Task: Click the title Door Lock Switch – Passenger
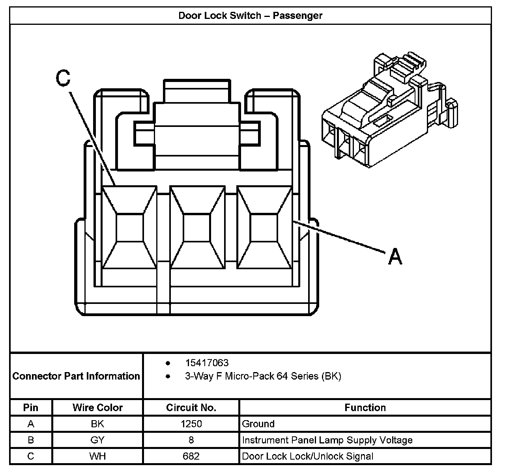click(251, 16)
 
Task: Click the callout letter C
click(63, 78)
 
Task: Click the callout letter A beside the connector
click(395, 257)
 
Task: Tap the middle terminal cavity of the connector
click(197, 228)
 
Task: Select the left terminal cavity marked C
click(129, 228)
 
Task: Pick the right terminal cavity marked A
click(264, 228)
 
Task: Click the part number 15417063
click(207, 363)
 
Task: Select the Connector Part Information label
click(76, 376)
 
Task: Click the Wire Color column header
click(97, 408)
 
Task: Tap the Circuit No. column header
click(191, 408)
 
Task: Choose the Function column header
click(365, 408)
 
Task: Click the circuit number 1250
click(191, 424)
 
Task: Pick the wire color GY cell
click(97, 440)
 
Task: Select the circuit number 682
click(191, 456)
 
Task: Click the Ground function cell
click(258, 424)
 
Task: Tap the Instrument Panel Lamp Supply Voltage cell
click(327, 440)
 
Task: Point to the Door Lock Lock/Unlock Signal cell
click(307, 456)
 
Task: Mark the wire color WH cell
click(97, 456)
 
